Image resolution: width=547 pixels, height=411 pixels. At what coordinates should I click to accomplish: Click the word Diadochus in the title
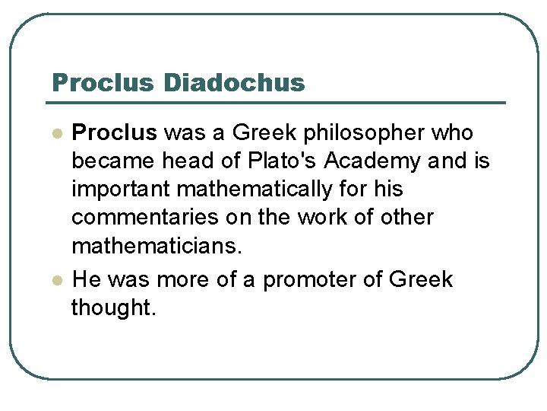232,82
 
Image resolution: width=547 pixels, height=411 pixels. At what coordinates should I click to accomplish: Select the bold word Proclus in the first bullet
114,133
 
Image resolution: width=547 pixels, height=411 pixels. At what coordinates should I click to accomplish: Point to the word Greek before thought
420,279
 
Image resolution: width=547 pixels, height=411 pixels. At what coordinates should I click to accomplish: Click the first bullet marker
56,134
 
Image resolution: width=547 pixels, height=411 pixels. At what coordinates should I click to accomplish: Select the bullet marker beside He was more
56,280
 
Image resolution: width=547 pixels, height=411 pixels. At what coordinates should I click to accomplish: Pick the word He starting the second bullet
86,279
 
